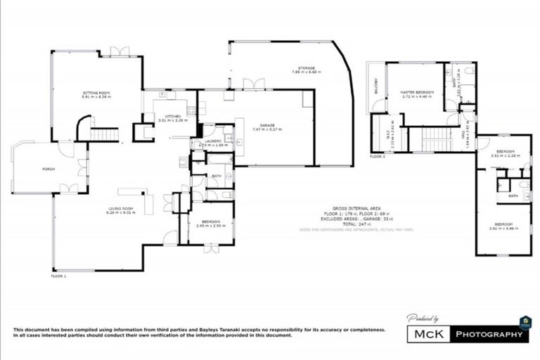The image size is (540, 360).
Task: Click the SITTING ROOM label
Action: [x=96, y=94]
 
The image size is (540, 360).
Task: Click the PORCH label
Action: [x=49, y=169]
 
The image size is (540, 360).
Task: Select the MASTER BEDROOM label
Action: [x=416, y=92]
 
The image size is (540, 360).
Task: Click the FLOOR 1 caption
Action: [x=58, y=277]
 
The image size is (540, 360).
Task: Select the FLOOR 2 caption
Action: [x=377, y=157]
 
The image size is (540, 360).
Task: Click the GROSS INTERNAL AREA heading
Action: [x=356, y=209]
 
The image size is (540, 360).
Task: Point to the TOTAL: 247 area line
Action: [x=356, y=224]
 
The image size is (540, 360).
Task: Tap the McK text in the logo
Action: [x=429, y=335]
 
